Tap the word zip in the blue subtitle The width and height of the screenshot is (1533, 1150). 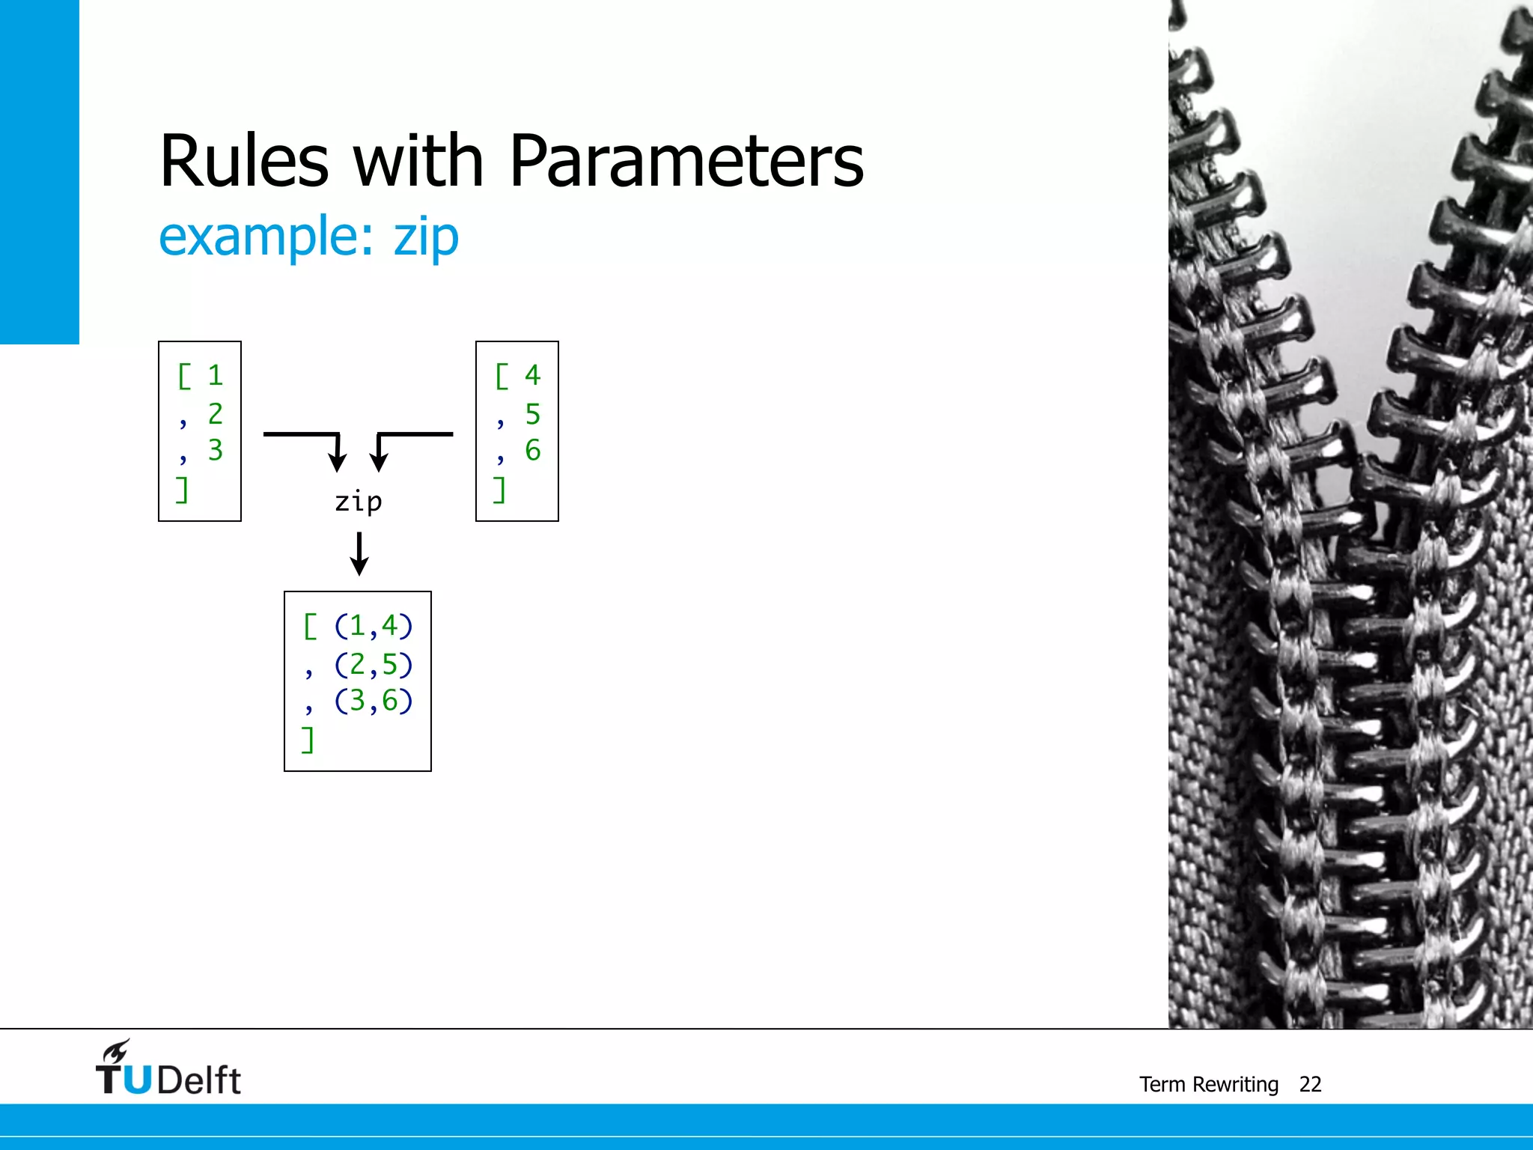click(426, 237)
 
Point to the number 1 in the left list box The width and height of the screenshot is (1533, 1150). click(216, 375)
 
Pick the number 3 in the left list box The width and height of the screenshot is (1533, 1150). click(216, 450)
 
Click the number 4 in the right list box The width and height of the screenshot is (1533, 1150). click(532, 375)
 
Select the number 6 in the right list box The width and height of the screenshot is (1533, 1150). click(532, 450)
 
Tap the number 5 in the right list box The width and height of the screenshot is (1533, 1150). click(532, 413)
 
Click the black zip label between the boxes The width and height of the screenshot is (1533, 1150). click(359, 502)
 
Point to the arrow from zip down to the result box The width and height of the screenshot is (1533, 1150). click(359, 554)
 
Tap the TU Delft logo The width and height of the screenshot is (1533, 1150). click(168, 1069)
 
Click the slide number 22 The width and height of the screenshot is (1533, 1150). click(1310, 1084)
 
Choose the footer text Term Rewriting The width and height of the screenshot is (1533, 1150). click(1209, 1084)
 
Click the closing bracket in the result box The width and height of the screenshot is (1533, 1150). click(308, 740)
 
